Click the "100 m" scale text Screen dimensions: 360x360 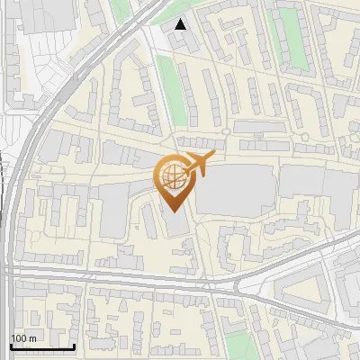pyautogui.click(x=23, y=338)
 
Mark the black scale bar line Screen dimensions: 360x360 pyautogui.click(x=42, y=346)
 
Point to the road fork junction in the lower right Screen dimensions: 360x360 pyautogui.click(x=236, y=286)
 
